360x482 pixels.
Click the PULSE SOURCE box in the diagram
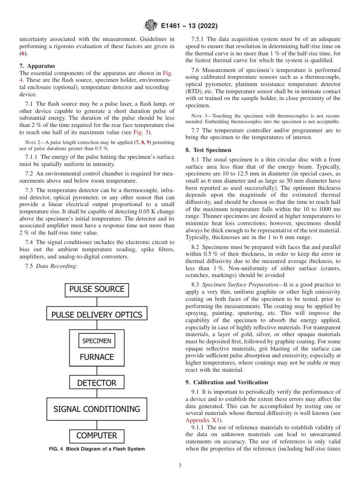97,290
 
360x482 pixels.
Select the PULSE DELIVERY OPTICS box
97,315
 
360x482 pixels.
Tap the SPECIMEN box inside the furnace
97,341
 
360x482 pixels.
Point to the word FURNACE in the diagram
97,357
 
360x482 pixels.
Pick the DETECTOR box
97,383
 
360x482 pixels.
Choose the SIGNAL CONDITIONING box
97,409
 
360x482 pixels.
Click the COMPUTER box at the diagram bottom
97,436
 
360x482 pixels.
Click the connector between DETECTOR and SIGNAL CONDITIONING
97,393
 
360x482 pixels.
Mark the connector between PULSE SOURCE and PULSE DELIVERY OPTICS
97,302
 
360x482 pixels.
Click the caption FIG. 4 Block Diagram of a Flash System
97,449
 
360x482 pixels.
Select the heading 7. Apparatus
37,66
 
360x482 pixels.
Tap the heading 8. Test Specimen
208,150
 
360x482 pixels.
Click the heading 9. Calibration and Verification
227,382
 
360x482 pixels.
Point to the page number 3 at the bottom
180,466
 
